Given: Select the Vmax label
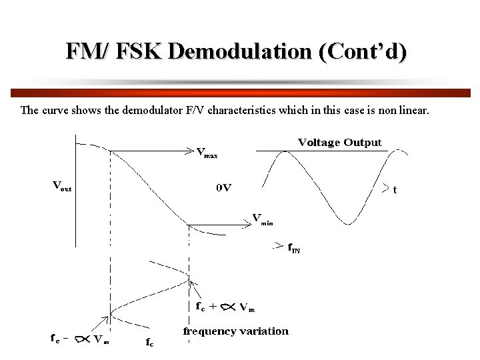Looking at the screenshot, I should click(206, 151).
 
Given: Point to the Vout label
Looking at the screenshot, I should click(62, 186).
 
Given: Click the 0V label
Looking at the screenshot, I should click(223, 188).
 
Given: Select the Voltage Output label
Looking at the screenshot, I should click(339, 142).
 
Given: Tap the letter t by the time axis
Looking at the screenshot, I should click(395, 190).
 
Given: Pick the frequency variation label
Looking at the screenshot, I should click(236, 331).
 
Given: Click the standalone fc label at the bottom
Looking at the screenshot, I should click(149, 343).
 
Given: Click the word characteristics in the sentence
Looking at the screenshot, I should click(245, 111).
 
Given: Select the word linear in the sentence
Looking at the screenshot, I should click(414, 111).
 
